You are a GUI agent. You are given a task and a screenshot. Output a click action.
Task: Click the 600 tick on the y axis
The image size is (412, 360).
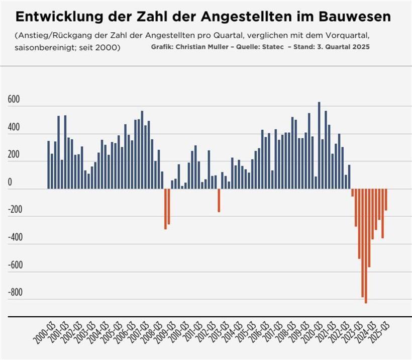[14, 100]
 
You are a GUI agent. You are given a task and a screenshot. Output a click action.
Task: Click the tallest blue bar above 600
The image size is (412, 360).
[319, 146]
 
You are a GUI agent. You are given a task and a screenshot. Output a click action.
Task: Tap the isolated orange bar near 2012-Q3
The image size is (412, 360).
[219, 200]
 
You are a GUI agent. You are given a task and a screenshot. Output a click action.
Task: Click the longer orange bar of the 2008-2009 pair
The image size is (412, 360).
[165, 209]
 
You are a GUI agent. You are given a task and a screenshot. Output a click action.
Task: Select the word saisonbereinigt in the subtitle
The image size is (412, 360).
[41, 47]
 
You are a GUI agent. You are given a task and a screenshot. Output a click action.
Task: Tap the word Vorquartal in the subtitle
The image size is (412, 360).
[347, 36]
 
